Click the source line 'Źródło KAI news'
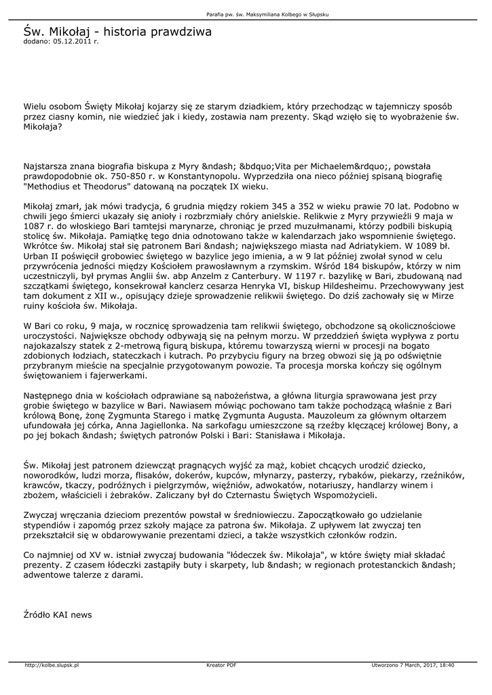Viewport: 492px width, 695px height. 58,614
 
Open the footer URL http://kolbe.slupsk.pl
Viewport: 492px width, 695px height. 52,665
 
